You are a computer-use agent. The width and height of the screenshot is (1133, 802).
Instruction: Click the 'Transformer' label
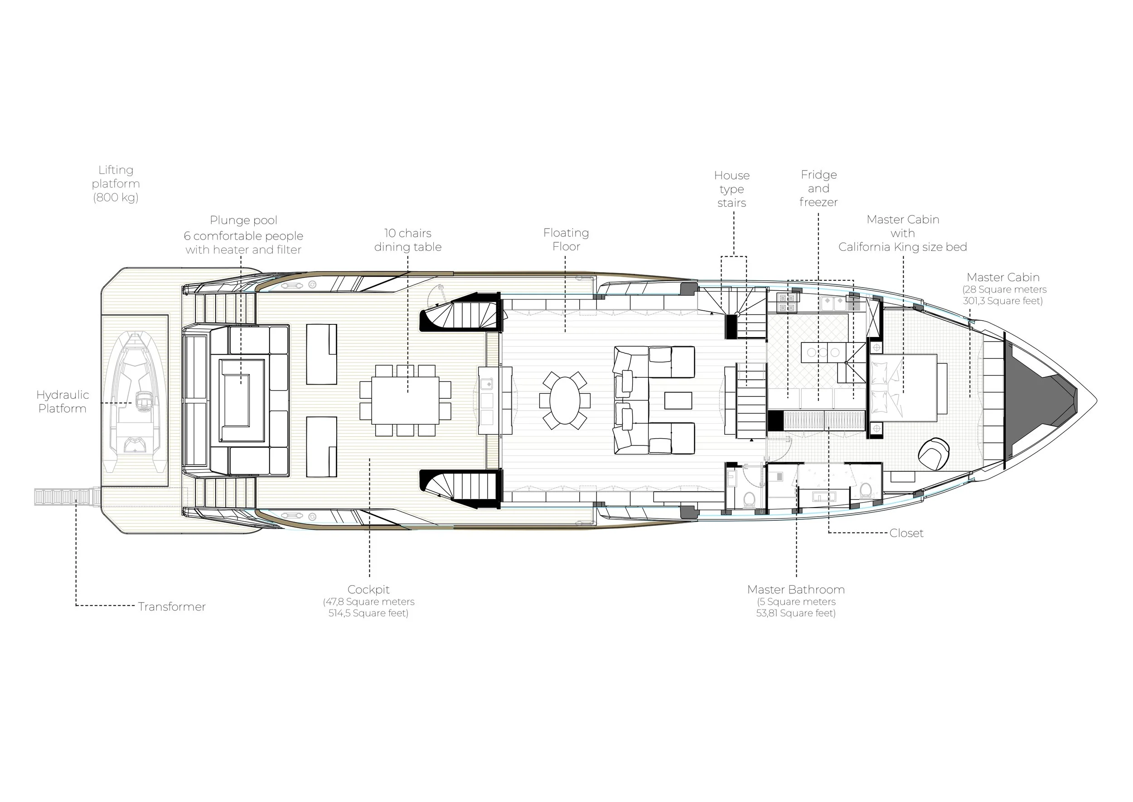coord(172,606)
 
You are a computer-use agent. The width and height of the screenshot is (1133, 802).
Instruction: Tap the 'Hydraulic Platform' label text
coord(63,401)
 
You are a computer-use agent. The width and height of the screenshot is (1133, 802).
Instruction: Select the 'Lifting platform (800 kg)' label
coord(116,184)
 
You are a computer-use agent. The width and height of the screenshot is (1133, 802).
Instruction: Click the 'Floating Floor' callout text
coord(566,240)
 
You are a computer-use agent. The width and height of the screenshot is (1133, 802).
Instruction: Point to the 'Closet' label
coord(906,533)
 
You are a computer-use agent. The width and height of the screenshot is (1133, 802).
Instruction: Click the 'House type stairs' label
coord(732,189)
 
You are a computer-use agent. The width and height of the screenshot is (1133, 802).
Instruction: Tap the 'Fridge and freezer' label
coord(818,188)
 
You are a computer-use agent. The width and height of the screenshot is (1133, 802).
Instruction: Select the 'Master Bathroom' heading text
coord(796,589)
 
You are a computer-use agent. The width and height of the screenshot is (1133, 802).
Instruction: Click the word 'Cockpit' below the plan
coord(368,589)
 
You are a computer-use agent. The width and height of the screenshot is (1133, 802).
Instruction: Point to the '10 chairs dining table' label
coord(407,240)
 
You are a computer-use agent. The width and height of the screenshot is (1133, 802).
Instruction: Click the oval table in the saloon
coord(565,400)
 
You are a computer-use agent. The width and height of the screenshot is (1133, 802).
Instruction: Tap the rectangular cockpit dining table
coord(405,401)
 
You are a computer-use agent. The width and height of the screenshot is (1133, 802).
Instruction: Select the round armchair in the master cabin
coord(934,453)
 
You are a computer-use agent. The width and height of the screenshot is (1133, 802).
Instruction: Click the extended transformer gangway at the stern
coord(67,497)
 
